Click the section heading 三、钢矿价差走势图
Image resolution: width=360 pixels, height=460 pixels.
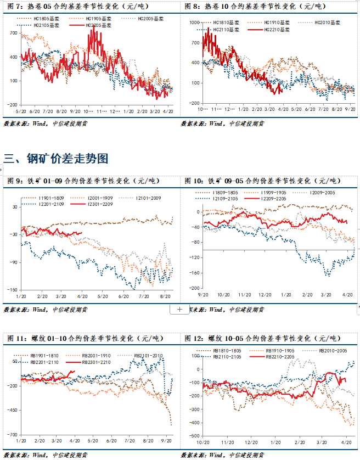[55, 159]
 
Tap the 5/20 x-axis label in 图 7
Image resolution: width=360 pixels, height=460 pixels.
[21, 111]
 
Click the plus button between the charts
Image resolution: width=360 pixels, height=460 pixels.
[179, 310]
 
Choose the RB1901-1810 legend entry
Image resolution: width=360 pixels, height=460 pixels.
[41, 356]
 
